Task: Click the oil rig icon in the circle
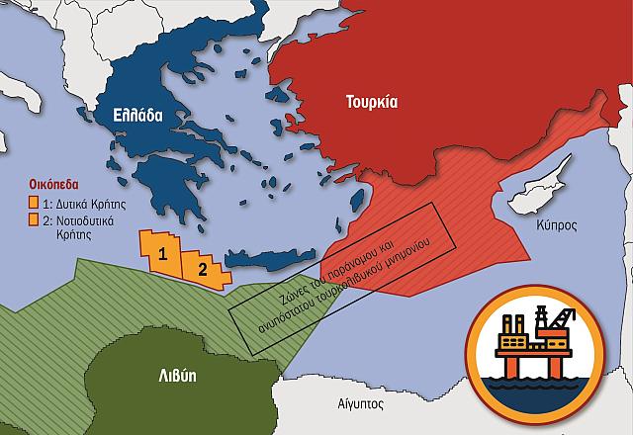532,345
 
